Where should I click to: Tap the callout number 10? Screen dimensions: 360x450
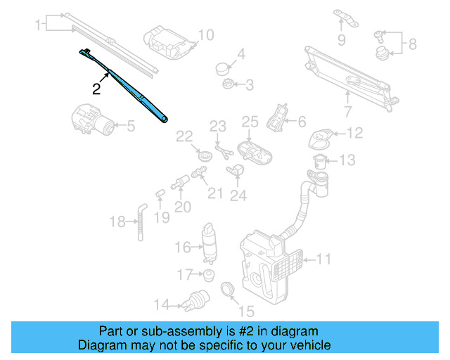coord(205,34)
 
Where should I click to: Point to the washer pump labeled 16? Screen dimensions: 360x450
coord(210,239)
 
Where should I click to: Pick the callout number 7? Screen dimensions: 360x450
coord(347,110)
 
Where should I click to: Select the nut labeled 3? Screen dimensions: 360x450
coord(228,85)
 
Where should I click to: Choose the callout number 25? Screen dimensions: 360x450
coord(250,123)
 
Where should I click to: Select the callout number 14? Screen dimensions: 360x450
coord(162,304)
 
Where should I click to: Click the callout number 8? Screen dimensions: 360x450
coord(413,44)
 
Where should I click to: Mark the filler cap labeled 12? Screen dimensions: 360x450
coord(320,136)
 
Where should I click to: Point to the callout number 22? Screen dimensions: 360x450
coord(184,136)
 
